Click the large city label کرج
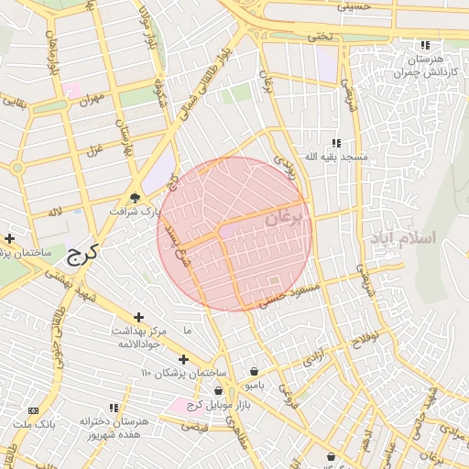pos(82,254)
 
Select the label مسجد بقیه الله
pos(336,157)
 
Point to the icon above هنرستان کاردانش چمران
pos(424,45)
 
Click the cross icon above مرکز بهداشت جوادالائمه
pos(138,316)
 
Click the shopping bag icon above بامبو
pos(253,371)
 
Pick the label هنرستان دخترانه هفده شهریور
pos(113,427)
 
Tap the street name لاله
pos(57,212)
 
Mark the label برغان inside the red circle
pos(282,220)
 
